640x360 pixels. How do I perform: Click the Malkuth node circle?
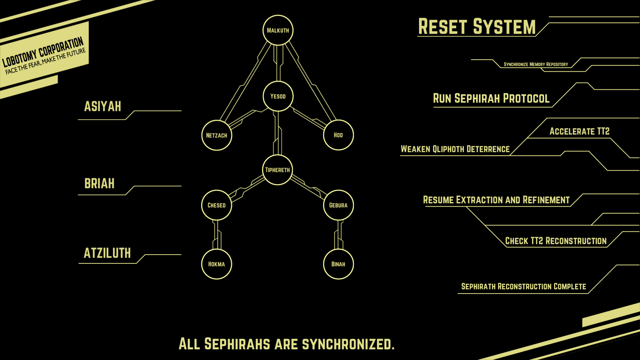tap(278, 30)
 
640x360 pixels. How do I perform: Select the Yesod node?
tap(278, 96)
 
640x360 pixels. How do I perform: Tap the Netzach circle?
tap(217, 135)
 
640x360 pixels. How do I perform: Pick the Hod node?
tap(338, 135)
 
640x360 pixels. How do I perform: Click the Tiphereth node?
tap(277, 170)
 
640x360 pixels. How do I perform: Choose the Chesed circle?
tap(217, 205)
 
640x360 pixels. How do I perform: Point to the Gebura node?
tap(338, 205)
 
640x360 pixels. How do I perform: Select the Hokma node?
tap(217, 264)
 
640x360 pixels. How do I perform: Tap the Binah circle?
tap(338, 264)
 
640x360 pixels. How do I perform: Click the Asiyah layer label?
tap(103, 107)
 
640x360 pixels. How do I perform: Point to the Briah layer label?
tap(99, 184)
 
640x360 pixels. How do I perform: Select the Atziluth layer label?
tap(107, 253)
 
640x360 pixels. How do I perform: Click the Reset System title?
tap(477, 27)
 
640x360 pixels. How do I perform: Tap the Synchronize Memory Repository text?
tap(536, 64)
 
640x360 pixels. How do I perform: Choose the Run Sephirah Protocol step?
tap(491, 99)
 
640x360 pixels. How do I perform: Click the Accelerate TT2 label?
tap(579, 131)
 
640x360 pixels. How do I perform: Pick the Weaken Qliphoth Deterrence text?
tap(455, 149)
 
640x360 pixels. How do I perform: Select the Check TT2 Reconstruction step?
tap(556, 241)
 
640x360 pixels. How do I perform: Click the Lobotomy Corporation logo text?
tap(43, 52)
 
